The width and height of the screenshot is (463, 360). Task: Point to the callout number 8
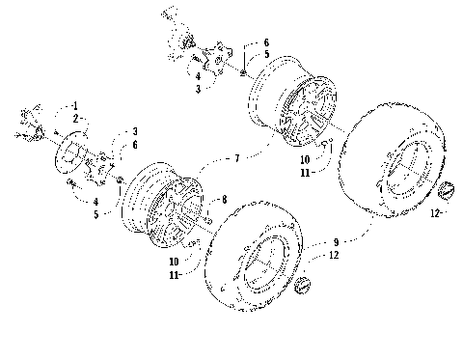224,200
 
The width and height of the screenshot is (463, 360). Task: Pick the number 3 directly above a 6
135,130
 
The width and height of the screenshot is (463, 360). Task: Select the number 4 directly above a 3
197,75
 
